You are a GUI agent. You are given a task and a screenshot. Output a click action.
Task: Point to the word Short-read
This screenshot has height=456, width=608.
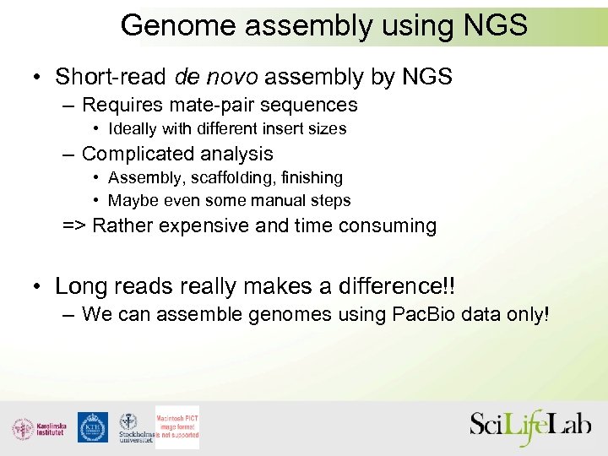(111, 77)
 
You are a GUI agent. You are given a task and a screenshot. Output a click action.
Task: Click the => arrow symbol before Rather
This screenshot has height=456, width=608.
(74, 226)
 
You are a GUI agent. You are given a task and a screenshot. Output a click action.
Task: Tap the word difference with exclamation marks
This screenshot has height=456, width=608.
(404, 286)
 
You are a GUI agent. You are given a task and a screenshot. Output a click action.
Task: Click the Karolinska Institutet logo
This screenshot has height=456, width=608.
(37, 428)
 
